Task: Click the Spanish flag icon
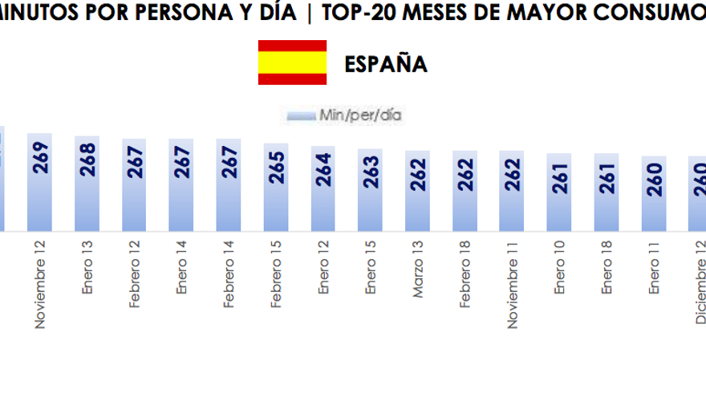click(292, 63)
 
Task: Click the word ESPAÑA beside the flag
click(385, 64)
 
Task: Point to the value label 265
click(276, 168)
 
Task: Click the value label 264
click(323, 169)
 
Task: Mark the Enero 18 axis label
click(607, 274)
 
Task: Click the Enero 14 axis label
click(181, 274)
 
